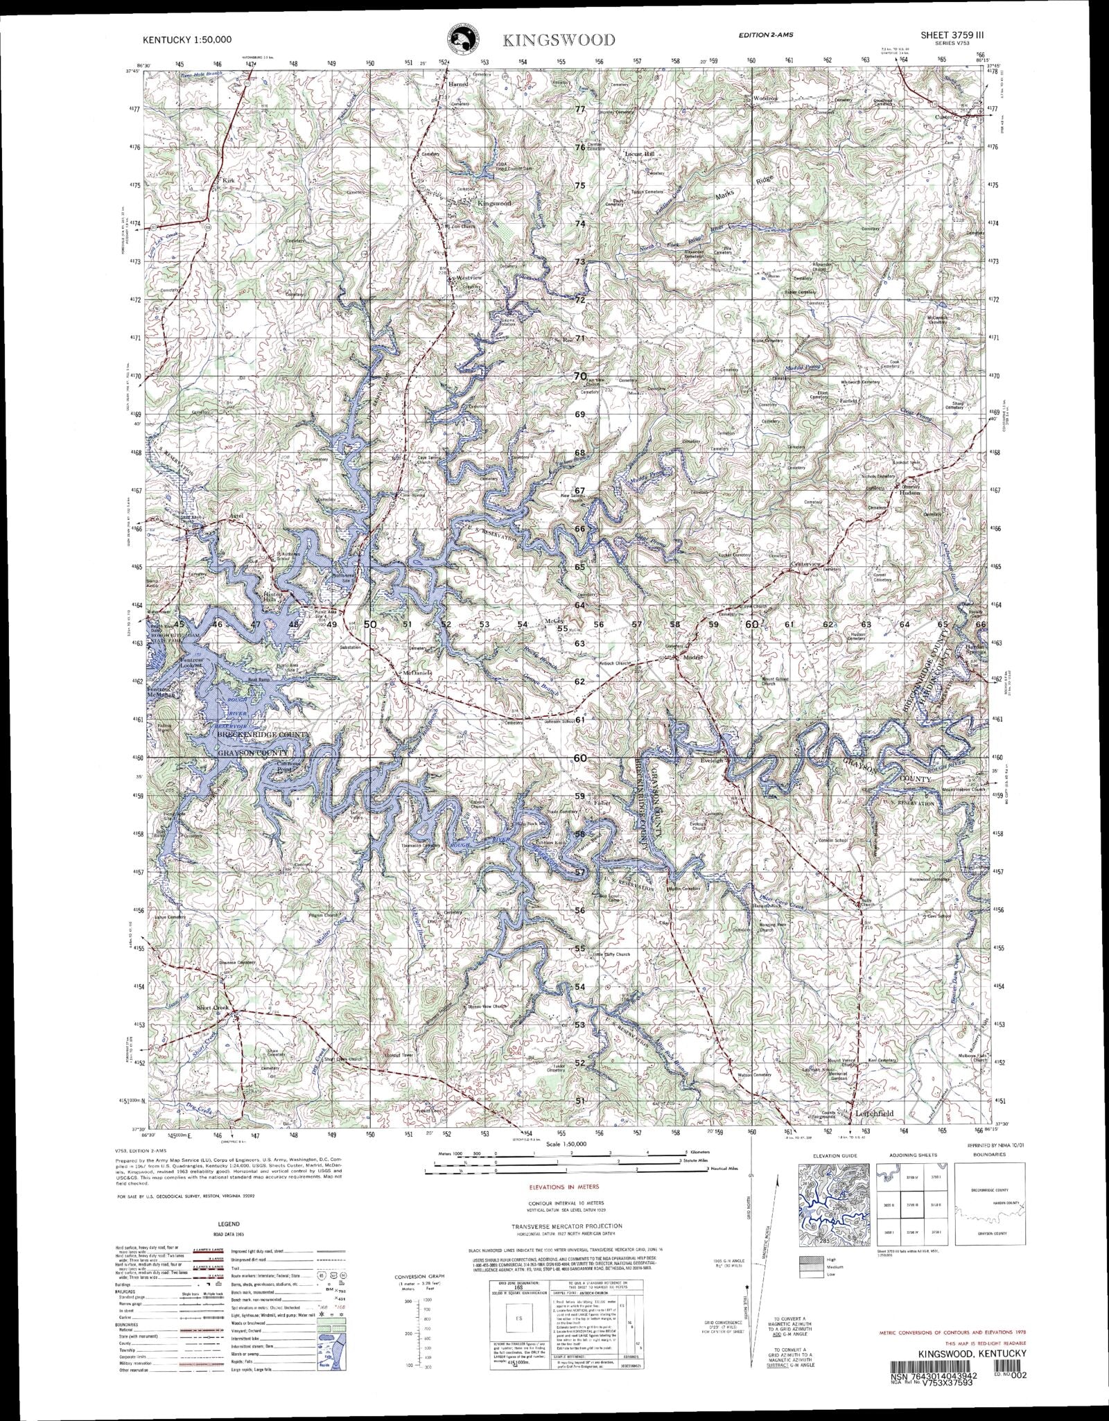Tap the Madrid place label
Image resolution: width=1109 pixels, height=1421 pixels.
click(693, 656)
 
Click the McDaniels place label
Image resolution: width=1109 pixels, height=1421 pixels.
click(418, 672)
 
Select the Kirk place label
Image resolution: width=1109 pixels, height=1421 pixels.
click(229, 180)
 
